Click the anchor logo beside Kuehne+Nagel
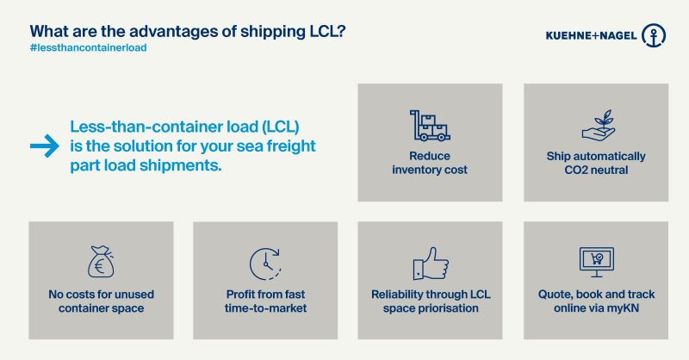tap(654, 35)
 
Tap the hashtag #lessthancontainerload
tap(89, 48)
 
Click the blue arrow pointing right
tap(45, 146)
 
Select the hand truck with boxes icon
tap(430, 125)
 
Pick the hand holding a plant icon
tap(599, 125)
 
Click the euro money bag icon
tap(101, 262)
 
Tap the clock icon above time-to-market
tap(265, 264)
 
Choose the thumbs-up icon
tap(431, 263)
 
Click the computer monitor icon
tap(596, 262)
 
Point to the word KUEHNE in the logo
tap(568, 35)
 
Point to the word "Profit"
tap(241, 295)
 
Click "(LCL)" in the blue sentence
tap(281, 127)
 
